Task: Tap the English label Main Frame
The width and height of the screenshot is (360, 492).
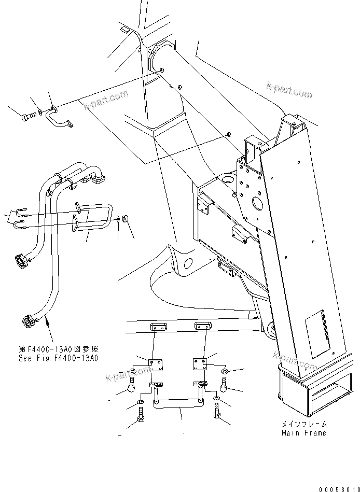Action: (304, 433)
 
